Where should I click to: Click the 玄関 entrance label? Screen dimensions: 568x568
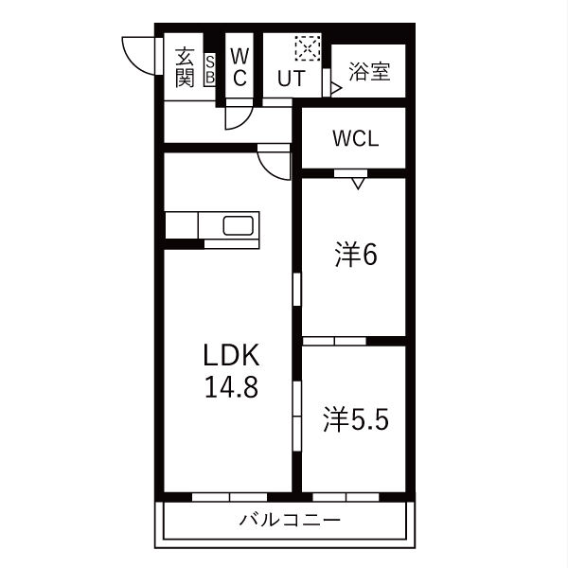(x=185, y=65)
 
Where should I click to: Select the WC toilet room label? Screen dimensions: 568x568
(x=240, y=65)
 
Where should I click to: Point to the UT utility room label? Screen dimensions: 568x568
(x=291, y=79)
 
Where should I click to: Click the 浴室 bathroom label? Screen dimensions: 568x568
(x=368, y=72)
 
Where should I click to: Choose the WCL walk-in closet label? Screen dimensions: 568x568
(x=355, y=138)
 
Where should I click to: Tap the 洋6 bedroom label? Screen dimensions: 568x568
(x=355, y=255)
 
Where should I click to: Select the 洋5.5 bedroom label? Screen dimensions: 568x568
(x=355, y=419)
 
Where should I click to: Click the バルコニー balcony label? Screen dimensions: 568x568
(x=289, y=520)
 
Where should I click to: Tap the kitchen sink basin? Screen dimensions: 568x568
(x=238, y=227)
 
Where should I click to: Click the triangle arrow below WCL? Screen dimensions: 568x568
(x=357, y=183)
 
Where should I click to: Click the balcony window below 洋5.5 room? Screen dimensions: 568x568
(x=346, y=496)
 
